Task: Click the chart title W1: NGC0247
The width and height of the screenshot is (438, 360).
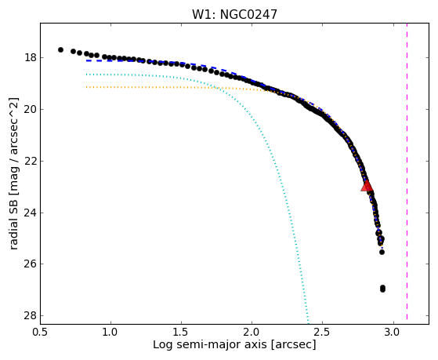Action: click(234, 14)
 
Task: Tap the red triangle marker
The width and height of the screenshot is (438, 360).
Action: click(367, 185)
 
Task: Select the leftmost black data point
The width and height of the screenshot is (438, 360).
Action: click(60, 49)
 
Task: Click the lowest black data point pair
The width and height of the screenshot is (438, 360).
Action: click(382, 289)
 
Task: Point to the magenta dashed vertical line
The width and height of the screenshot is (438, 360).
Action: click(407, 171)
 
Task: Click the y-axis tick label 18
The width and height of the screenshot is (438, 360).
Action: click(31, 58)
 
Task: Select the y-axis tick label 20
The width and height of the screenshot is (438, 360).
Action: click(31, 109)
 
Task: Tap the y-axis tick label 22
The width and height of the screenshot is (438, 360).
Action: click(31, 161)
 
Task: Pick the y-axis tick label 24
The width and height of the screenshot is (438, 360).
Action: click(31, 213)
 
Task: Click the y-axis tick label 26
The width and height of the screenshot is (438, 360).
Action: click(31, 264)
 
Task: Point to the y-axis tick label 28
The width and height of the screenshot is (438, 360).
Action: click(31, 316)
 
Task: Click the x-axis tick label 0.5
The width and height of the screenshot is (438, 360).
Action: click(41, 332)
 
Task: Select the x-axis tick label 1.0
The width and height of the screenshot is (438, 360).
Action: click(111, 332)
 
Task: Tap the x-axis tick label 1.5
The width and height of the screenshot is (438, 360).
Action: click(181, 332)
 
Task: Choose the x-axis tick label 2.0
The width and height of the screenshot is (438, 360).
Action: click(252, 332)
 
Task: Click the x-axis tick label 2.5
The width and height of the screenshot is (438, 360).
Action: click(322, 332)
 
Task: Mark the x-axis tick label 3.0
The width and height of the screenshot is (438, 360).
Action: click(393, 332)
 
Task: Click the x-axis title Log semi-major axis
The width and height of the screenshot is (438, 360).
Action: click(210, 344)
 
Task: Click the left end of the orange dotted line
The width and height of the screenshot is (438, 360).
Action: click(87, 87)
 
